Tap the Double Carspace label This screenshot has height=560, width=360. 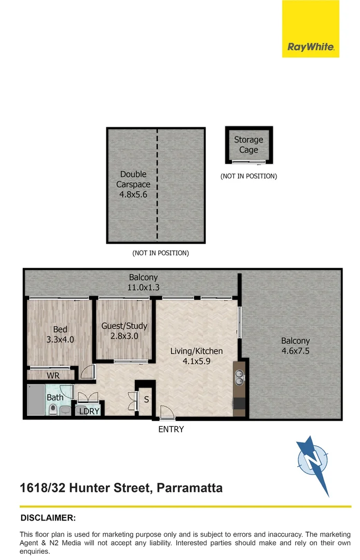pyautogui.click(x=133, y=179)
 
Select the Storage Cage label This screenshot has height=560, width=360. pyautogui.click(x=248, y=145)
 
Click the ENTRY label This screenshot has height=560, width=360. pyautogui.click(x=171, y=429)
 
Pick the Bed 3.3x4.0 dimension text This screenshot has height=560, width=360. pyautogui.click(x=60, y=340)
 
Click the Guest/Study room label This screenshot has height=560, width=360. pyautogui.click(x=124, y=326)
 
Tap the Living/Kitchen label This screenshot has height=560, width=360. pyautogui.click(x=197, y=351)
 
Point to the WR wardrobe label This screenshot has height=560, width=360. pyautogui.click(x=53, y=375)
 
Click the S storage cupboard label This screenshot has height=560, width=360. pyautogui.click(x=146, y=400)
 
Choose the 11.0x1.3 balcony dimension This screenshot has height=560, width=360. pyautogui.click(x=144, y=287)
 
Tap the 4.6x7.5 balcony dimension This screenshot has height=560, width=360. pyautogui.click(x=295, y=351)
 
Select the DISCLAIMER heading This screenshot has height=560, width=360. pyautogui.click(x=48, y=517)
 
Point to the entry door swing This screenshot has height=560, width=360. pyautogui.click(x=167, y=413)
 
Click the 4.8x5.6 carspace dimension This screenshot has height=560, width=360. pyautogui.click(x=133, y=195)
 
